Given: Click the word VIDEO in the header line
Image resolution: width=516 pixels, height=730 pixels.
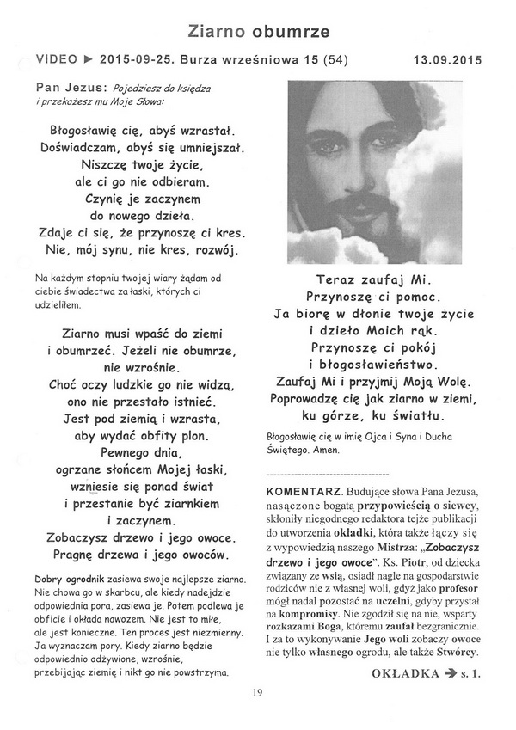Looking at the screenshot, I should [x=56, y=61].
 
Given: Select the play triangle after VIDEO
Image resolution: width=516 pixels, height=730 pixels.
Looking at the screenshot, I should [x=88, y=61].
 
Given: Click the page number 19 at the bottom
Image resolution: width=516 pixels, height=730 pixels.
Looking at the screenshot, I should [x=257, y=693].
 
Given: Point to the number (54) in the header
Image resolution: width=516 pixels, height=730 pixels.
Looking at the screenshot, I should [x=335, y=61].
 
